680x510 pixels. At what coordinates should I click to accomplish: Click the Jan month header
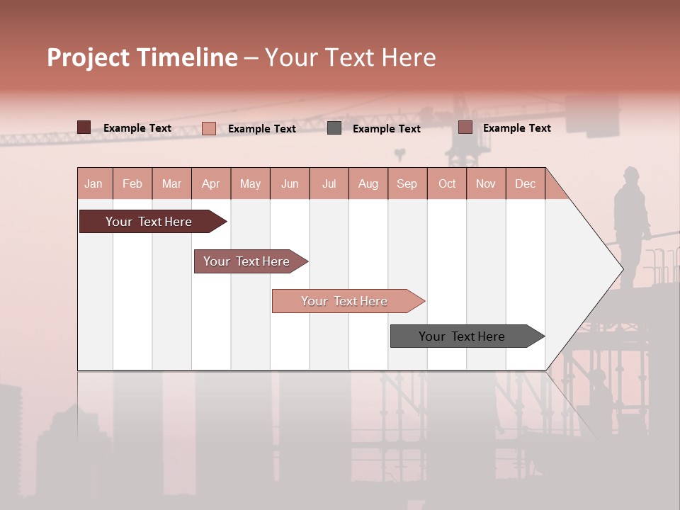(x=93, y=183)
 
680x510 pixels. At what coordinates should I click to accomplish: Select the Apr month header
(x=211, y=183)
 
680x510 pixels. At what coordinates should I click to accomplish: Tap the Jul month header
(x=329, y=183)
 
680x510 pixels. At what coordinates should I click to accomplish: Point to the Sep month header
(x=407, y=183)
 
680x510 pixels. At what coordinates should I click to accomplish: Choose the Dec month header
(x=525, y=183)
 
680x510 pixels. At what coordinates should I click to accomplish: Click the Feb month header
(x=132, y=183)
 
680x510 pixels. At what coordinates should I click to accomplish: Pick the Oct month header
(x=447, y=183)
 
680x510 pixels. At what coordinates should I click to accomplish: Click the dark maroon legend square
(x=84, y=127)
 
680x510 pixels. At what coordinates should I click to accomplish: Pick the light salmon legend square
(x=209, y=128)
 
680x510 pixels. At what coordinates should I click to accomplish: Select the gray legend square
(x=334, y=128)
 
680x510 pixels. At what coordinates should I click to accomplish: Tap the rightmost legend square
(x=465, y=127)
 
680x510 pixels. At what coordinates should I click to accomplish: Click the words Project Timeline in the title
(x=142, y=57)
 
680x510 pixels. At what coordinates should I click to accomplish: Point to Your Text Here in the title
(x=350, y=57)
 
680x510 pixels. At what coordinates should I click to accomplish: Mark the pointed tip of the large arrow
(x=622, y=268)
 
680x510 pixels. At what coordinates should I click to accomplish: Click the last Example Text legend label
(x=516, y=128)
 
